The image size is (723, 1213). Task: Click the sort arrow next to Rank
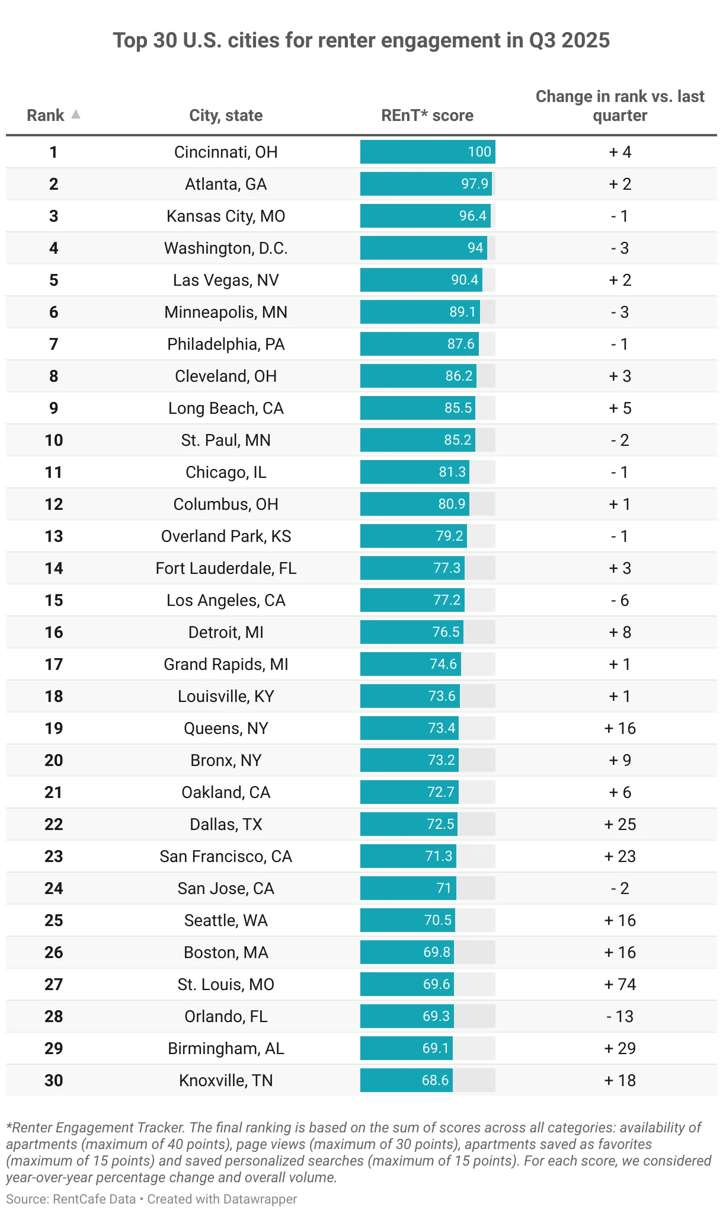click(76, 114)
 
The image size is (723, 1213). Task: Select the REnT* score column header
click(427, 116)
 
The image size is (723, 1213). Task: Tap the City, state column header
click(226, 116)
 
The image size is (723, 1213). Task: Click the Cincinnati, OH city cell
click(226, 152)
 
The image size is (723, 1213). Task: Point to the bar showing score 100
click(427, 152)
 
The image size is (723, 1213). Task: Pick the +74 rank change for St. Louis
click(620, 985)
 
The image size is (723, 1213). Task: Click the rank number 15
click(54, 601)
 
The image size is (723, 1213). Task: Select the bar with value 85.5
click(418, 408)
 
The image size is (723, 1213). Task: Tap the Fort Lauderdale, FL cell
click(226, 569)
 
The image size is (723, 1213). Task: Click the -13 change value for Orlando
click(620, 1017)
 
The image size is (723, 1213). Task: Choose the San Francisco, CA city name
click(226, 857)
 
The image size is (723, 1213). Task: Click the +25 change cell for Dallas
click(620, 825)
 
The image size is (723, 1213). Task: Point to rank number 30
click(54, 1081)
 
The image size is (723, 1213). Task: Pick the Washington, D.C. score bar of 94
click(423, 248)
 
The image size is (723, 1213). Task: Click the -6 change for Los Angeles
click(620, 601)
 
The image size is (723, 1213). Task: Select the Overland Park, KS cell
click(226, 537)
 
